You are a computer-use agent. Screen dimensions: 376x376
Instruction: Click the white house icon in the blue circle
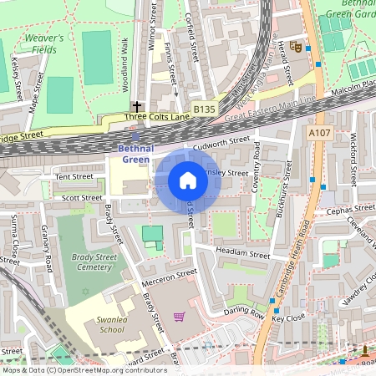click(x=188, y=180)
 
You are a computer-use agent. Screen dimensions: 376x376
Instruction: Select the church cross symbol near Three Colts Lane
click(x=136, y=107)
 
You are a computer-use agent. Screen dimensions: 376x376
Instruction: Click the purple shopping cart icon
click(x=179, y=317)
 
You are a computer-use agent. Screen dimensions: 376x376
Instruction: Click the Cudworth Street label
click(x=221, y=145)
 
